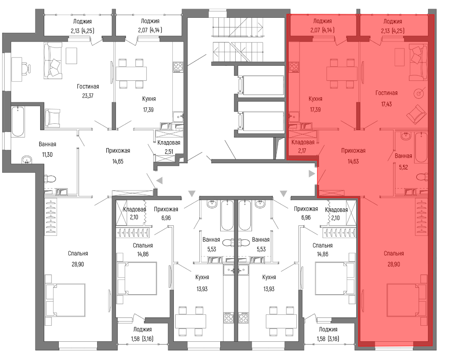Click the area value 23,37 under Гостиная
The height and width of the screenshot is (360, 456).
pyautogui.click(x=88, y=95)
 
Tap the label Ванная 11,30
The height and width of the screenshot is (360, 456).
pyautogui.click(x=47, y=149)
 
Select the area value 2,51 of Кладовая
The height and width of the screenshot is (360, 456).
pyautogui.click(x=169, y=152)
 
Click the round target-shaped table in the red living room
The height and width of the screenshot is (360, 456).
pyautogui.click(x=419, y=93)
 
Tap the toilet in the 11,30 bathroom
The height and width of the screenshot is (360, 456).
pyautogui.click(x=50, y=179)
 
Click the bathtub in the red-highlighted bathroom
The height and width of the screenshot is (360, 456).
pyautogui.click(x=421, y=147)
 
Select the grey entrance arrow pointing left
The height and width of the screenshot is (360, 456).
pyautogui.click(x=159, y=181)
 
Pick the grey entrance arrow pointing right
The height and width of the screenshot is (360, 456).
pyautogui.click(x=312, y=174)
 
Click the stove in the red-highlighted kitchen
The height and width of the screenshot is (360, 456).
pyautogui.click(x=294, y=67)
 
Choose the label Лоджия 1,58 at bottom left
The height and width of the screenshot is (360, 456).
pyautogui.click(x=142, y=334)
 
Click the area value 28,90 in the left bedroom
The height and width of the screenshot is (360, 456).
pyautogui.click(x=78, y=264)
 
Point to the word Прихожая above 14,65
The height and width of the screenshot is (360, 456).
pyautogui.click(x=118, y=151)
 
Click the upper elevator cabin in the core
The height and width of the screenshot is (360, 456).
pyautogui.click(x=261, y=85)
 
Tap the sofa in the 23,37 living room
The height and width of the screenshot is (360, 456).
pyautogui.click(x=53, y=61)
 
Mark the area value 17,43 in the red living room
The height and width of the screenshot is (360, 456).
pyautogui.click(x=387, y=104)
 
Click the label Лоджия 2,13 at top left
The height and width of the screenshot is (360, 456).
pyautogui.click(x=83, y=26)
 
